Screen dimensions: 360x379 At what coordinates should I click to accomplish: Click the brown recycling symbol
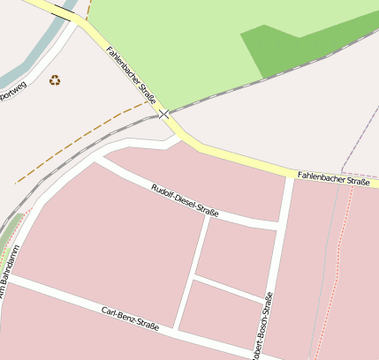55,80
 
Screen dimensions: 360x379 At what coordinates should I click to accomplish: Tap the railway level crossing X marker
163,114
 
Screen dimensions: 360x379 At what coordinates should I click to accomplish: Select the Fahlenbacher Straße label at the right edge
333,179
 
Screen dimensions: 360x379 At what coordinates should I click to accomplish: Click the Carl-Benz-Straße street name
130,319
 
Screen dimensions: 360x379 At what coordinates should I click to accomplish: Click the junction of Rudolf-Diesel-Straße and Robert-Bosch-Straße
281,227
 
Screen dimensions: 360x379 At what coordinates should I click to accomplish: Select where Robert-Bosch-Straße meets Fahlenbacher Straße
289,175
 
